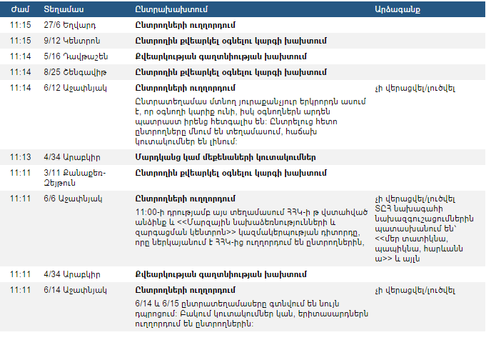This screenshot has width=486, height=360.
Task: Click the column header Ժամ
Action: click(19, 9)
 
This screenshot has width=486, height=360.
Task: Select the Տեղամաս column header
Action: click(64, 9)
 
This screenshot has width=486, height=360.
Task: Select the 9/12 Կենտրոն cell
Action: click(71, 41)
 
